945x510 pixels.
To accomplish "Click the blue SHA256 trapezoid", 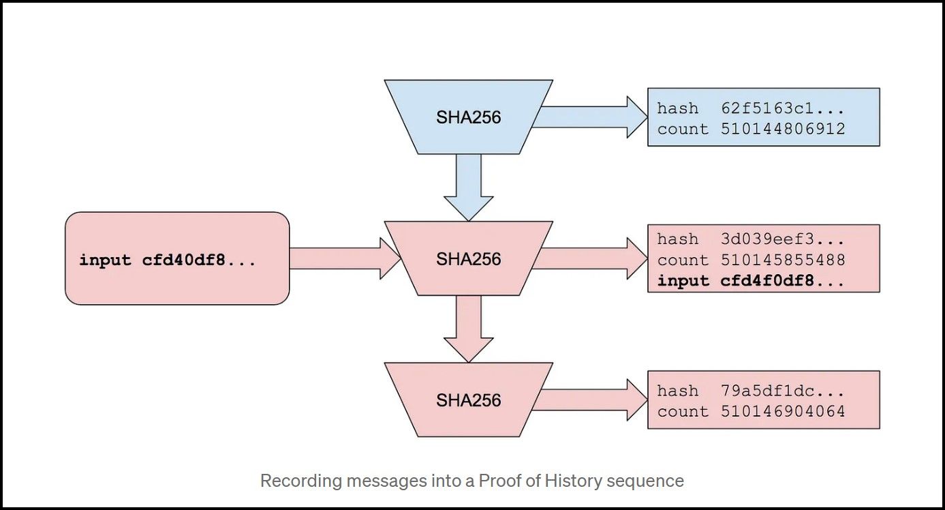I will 468,117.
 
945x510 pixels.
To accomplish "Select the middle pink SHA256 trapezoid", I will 468,258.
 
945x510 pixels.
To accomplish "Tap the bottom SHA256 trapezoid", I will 468,400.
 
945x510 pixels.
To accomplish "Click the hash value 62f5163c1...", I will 783,108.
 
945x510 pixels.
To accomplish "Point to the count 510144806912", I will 783,128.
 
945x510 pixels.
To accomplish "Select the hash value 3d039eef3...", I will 783,239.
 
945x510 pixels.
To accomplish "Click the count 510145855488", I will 783,260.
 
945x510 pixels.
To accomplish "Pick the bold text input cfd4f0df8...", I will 751,280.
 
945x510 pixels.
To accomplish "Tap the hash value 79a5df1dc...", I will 783,391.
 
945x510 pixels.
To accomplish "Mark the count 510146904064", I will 783,411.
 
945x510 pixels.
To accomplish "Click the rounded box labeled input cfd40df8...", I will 177,258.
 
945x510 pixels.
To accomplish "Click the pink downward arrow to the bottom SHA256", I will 468,328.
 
